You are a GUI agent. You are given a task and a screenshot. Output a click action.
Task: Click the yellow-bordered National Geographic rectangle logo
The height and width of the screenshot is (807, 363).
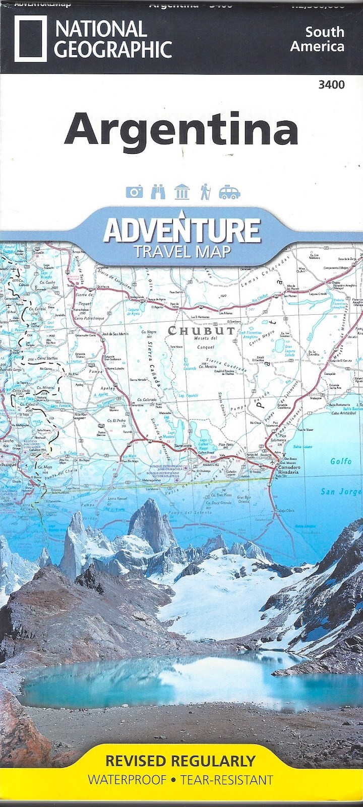[30, 38]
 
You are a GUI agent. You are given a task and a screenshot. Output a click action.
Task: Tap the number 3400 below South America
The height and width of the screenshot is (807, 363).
[331, 85]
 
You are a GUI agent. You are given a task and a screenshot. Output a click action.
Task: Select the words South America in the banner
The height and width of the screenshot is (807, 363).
[325, 39]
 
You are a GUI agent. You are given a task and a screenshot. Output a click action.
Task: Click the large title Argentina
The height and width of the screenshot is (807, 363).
[181, 130]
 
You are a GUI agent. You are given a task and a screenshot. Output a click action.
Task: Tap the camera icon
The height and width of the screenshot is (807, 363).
[134, 192]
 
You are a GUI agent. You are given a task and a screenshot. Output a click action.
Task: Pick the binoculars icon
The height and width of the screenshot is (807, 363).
[158, 192]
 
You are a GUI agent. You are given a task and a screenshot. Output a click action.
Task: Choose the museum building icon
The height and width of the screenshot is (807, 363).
[181, 192]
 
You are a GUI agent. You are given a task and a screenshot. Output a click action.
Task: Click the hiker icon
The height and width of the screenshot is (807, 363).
[205, 192]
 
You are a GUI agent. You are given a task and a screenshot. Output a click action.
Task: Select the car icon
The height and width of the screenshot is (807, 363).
[229, 192]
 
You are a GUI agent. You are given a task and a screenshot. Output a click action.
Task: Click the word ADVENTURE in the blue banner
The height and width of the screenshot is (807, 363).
[181, 230]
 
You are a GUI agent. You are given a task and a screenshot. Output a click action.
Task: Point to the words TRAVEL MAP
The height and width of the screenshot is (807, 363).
[182, 251]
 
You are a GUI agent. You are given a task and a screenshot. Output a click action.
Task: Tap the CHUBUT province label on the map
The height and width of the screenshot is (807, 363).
[201, 331]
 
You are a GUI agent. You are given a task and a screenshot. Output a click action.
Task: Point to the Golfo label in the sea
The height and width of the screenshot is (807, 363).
[341, 461]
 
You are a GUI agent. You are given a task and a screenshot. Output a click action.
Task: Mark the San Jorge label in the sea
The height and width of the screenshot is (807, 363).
[341, 492]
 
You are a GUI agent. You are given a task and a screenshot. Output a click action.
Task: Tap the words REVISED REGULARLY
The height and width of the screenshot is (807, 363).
[180, 761]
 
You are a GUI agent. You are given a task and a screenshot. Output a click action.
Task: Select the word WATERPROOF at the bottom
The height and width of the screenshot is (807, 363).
[127, 780]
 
